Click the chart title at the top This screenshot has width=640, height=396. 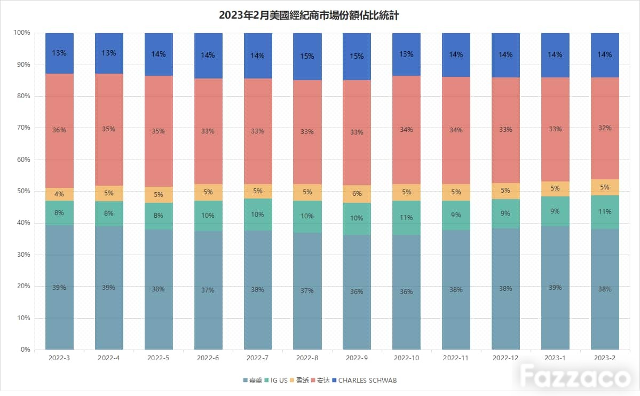point(309,15)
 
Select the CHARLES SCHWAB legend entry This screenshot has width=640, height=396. point(364,380)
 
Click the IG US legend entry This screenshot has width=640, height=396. point(276,380)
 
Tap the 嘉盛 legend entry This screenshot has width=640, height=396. point(252,380)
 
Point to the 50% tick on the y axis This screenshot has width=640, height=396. point(23,191)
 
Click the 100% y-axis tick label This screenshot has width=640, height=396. point(22,32)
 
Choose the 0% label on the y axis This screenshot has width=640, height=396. point(25,349)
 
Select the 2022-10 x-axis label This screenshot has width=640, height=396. point(406,358)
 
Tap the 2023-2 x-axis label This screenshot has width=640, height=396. point(604,358)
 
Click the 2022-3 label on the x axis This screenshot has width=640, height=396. point(59,358)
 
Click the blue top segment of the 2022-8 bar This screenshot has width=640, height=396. point(307,57)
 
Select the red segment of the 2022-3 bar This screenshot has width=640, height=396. point(60,131)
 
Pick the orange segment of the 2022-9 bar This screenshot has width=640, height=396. point(357,194)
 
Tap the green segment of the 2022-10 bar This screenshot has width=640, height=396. point(407,218)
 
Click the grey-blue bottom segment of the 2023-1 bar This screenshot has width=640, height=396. point(555,288)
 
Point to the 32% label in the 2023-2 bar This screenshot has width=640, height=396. point(604,128)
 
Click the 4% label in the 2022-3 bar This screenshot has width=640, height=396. point(59,194)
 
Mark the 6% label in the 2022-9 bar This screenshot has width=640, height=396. point(357,194)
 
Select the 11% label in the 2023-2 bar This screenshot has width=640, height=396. point(604,211)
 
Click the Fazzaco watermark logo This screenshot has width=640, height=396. point(575,376)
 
